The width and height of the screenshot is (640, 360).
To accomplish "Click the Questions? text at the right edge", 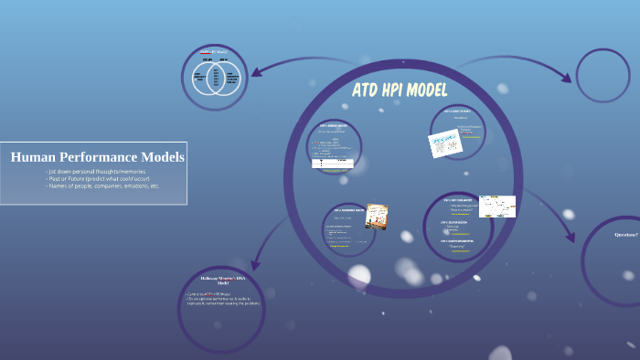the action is point(626,235).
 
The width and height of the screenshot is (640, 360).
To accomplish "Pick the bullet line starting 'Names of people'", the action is point(101,185).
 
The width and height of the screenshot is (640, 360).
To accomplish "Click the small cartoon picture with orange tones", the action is point(376,216).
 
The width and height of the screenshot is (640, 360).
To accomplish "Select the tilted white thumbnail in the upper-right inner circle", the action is point(444,143).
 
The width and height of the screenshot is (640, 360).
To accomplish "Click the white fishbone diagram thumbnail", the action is point(497,206).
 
